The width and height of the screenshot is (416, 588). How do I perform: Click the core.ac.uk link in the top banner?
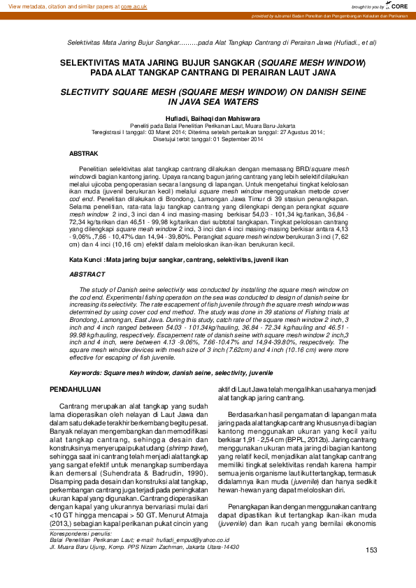pos(133,6)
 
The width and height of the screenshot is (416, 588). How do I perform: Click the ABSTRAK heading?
pos(83,152)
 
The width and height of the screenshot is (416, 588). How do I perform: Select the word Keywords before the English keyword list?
pos(85,374)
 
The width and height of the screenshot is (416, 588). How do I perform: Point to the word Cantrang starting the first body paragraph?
pos(73,406)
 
